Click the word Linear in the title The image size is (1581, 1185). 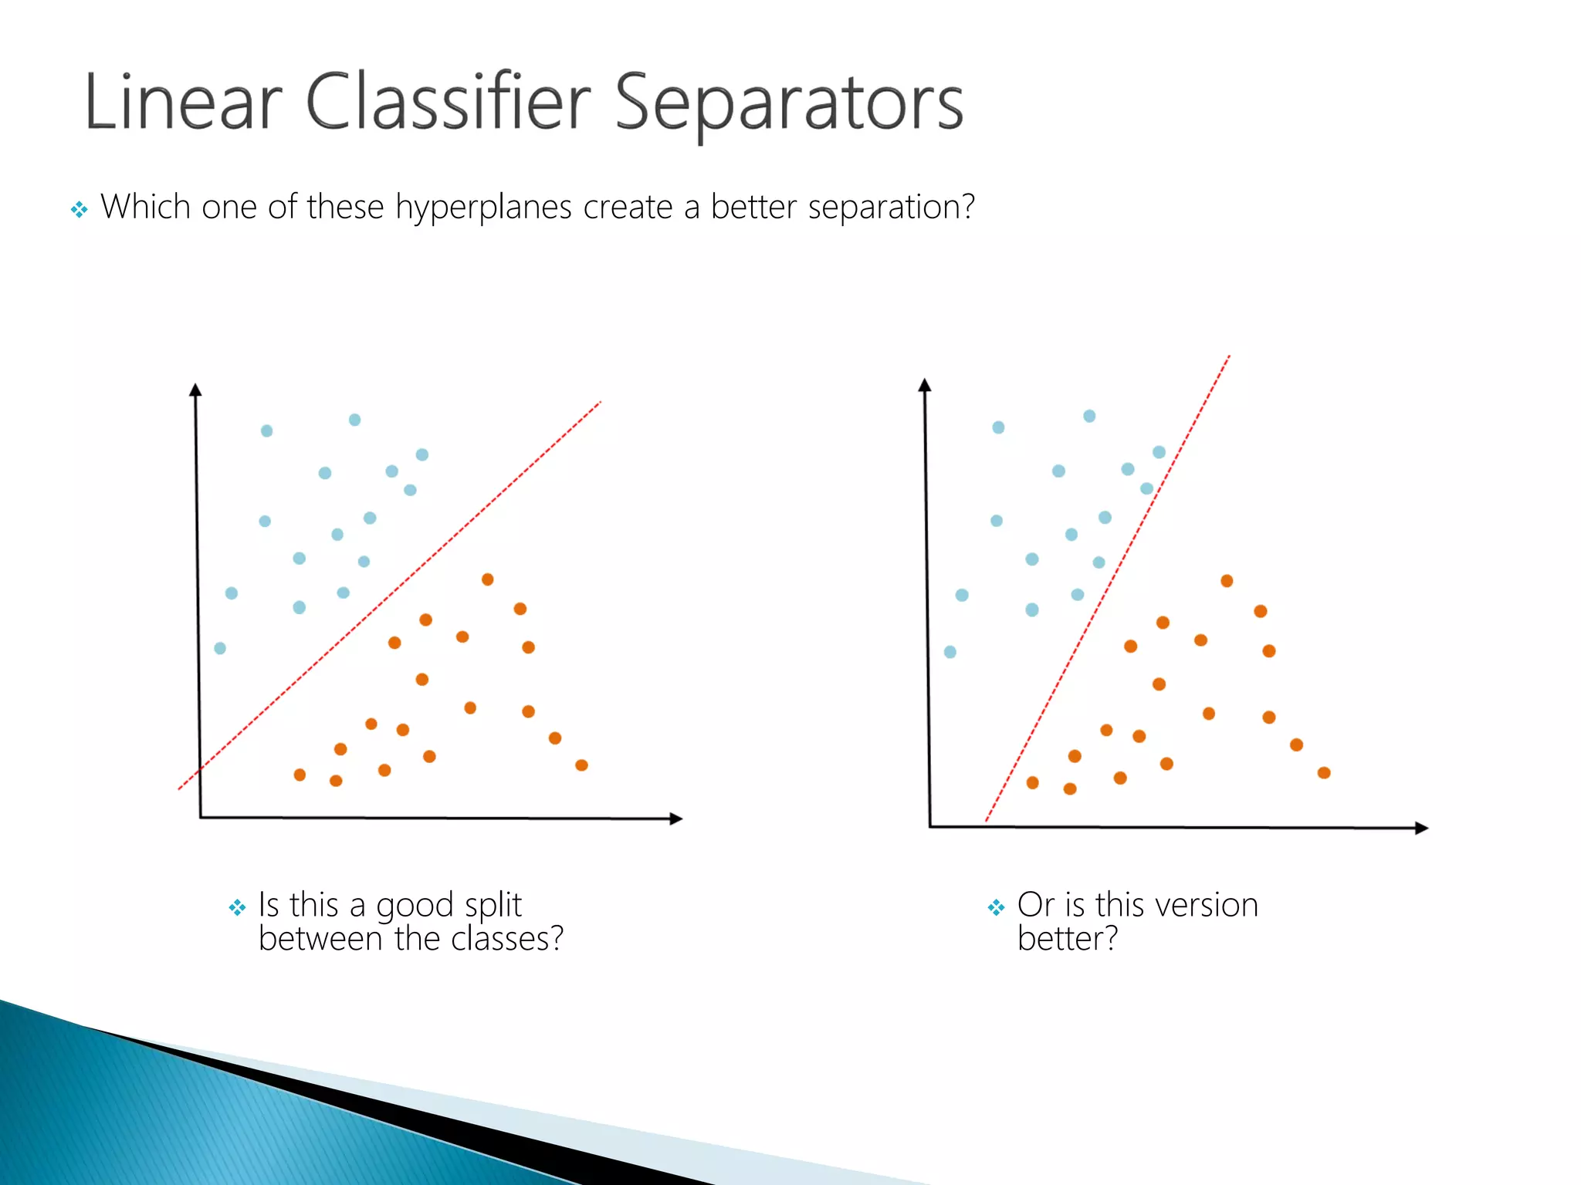(x=183, y=103)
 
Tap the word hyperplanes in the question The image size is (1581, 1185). (x=483, y=208)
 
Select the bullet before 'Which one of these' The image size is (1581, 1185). (x=79, y=209)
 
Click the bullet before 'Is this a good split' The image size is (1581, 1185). (x=237, y=907)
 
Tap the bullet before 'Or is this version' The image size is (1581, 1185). (x=996, y=907)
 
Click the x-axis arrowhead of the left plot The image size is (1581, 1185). (x=676, y=819)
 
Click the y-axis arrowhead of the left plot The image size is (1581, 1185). (x=195, y=390)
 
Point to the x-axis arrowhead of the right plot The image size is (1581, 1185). (x=1421, y=828)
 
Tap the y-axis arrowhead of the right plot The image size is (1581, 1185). (x=925, y=385)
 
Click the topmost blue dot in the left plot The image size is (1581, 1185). (x=354, y=420)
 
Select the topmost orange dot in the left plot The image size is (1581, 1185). (x=487, y=579)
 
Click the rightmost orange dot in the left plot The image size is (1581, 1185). (x=581, y=765)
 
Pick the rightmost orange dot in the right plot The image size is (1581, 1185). (x=1324, y=773)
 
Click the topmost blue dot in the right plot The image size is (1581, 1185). (x=1089, y=416)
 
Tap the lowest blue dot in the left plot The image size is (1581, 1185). (x=220, y=648)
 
